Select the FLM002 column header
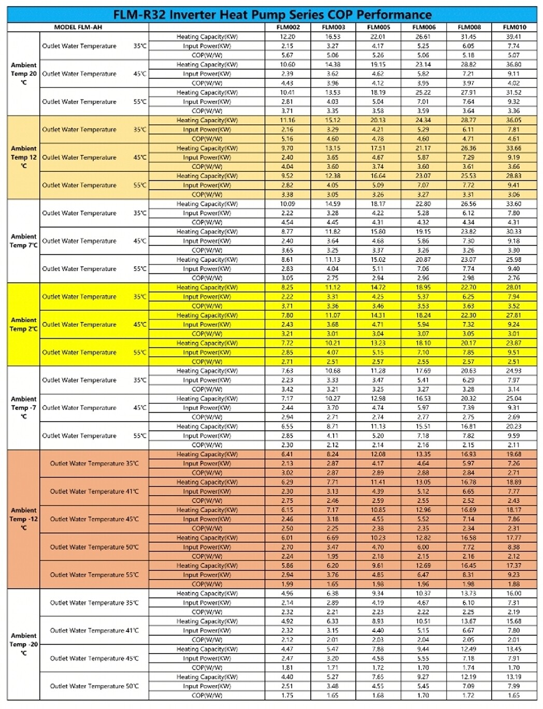(288, 27)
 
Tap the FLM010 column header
(514, 27)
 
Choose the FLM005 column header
(378, 27)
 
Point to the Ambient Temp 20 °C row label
(23, 74)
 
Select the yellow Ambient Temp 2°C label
(23, 324)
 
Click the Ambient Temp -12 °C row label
(23, 519)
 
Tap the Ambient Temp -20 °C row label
(23, 644)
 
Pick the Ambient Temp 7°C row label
(23, 241)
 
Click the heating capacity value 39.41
(514, 37)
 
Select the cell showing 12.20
(288, 37)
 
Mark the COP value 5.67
(288, 55)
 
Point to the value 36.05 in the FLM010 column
(514, 120)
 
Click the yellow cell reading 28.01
(514, 287)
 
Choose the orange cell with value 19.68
(514, 454)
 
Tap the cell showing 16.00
(514, 594)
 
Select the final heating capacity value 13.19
(514, 677)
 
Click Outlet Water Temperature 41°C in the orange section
(94, 491)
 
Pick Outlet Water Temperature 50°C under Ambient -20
(94, 686)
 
